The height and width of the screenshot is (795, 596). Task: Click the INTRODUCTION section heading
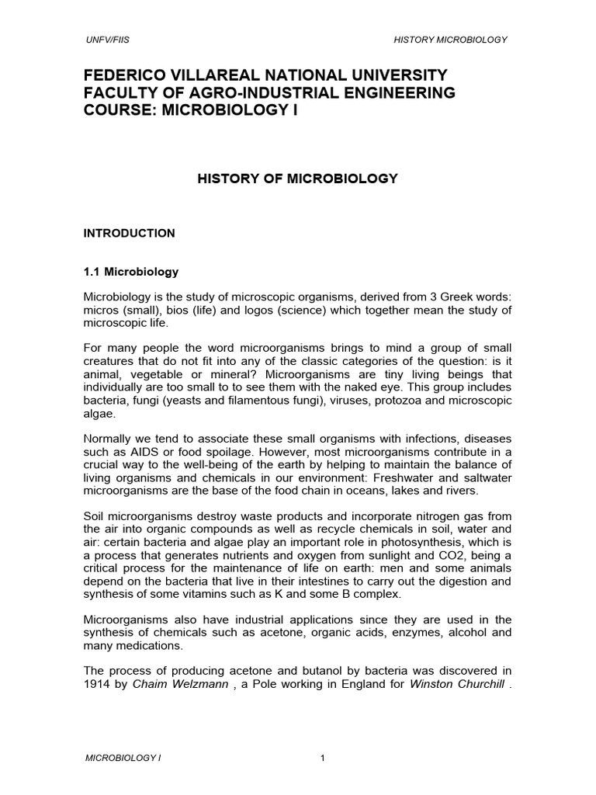(x=130, y=233)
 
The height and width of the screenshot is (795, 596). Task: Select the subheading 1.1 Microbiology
(x=131, y=272)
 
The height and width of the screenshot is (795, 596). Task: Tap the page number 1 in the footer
(x=321, y=759)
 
